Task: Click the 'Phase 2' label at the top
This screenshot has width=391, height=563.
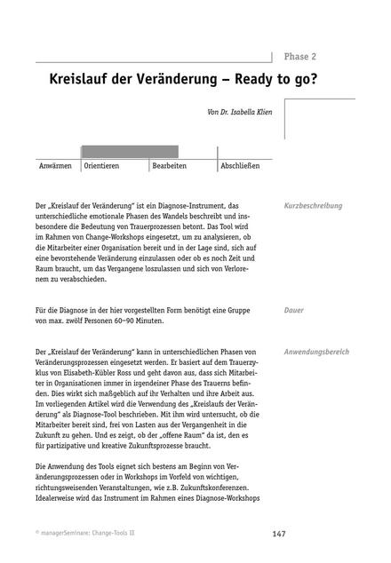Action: click(x=301, y=56)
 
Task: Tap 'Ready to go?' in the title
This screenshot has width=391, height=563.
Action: click(x=286, y=80)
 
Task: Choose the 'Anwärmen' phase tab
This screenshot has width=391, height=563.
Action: click(x=55, y=166)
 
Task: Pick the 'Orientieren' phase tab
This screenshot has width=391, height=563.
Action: click(x=102, y=166)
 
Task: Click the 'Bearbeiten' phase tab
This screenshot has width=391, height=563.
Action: click(x=169, y=166)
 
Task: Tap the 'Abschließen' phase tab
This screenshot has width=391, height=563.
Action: click(x=240, y=166)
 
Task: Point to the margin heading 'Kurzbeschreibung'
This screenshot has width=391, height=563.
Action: click(x=313, y=206)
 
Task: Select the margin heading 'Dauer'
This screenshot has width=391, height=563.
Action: click(x=294, y=311)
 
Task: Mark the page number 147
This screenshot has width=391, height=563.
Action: click(x=278, y=534)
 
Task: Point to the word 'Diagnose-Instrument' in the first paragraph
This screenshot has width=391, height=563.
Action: click(x=187, y=206)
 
